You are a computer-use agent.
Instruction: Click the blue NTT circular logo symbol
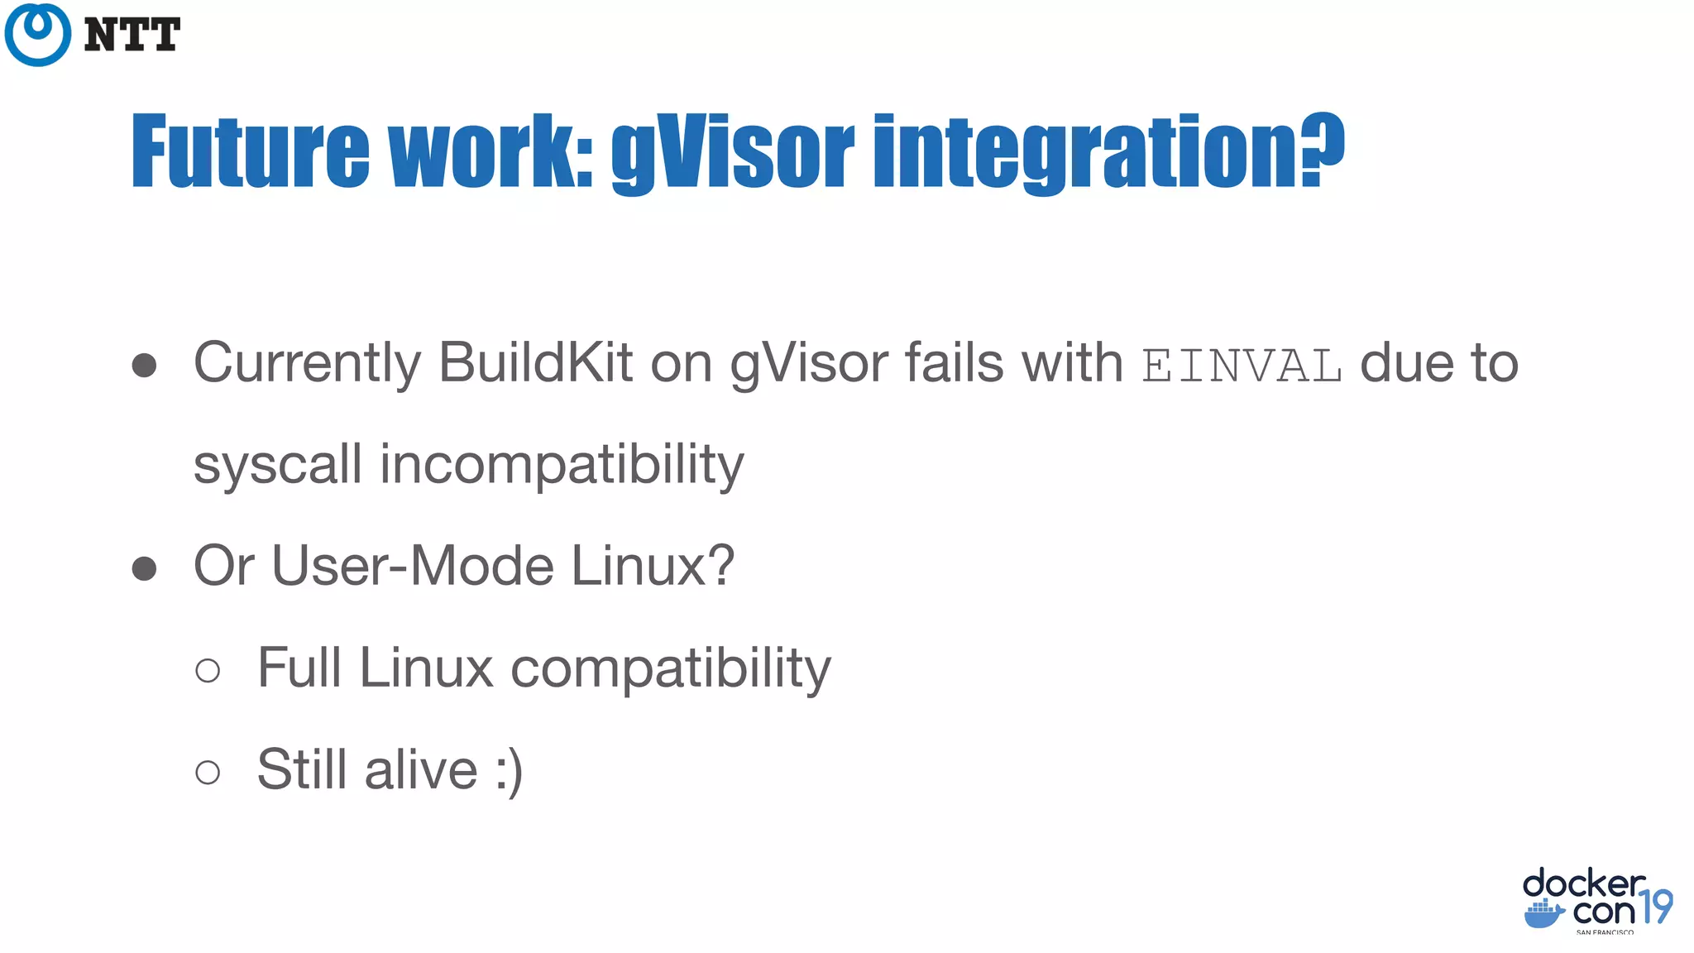coord(37,34)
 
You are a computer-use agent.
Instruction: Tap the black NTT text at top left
coord(132,35)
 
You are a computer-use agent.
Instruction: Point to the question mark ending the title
coord(1323,149)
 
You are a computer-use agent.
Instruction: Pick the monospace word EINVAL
coord(1242,366)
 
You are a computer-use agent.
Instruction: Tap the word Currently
coord(307,364)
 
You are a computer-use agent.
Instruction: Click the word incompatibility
coord(562,466)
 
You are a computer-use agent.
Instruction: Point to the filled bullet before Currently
coord(144,365)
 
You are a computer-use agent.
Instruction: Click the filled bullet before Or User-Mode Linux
coord(144,568)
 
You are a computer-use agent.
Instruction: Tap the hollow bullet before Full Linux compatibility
coord(208,670)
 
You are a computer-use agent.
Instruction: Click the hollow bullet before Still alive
coord(208,772)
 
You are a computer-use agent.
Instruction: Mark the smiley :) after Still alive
coord(509,771)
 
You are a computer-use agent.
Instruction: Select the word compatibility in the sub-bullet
coord(670,669)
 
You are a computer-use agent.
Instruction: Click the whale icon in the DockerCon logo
coord(1543,914)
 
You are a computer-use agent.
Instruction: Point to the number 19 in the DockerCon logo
coord(1656,908)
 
